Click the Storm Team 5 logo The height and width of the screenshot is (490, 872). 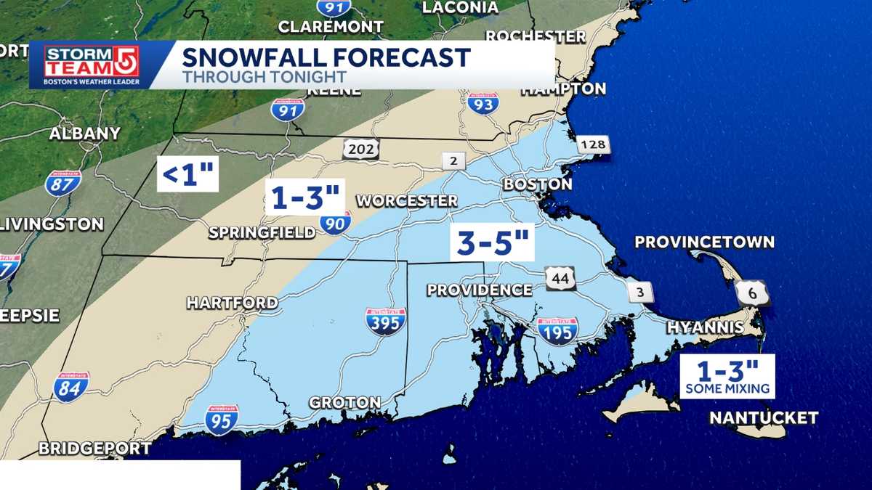click(92, 65)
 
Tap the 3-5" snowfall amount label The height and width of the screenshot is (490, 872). click(492, 242)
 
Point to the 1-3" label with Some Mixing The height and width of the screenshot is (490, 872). click(727, 376)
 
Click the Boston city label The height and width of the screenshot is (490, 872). click(538, 184)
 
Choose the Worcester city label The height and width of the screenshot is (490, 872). click(407, 200)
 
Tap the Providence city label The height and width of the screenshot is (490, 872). click(480, 290)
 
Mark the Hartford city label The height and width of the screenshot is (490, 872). click(232, 303)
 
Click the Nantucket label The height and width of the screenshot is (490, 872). click(764, 418)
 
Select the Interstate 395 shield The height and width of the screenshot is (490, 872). click(386, 321)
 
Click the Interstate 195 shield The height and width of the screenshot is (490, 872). click(558, 330)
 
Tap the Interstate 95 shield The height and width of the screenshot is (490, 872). click(222, 420)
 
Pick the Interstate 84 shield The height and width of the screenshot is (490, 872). click(71, 387)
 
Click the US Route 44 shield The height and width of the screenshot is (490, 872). click(560, 278)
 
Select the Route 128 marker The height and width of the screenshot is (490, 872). click(594, 145)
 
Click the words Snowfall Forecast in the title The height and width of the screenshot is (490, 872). click(326, 57)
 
